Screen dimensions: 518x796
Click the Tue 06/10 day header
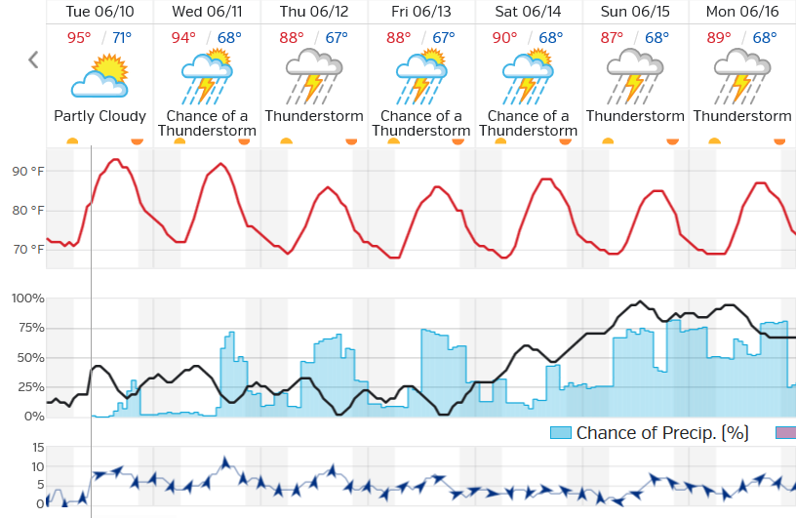click(99, 13)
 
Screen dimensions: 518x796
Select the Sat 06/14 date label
click(529, 13)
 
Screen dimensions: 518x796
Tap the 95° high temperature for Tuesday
click(79, 38)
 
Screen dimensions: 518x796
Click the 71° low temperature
click(121, 38)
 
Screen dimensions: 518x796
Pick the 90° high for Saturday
click(504, 38)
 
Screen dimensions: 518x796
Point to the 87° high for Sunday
click(612, 38)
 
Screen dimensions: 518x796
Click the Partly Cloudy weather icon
click(99, 77)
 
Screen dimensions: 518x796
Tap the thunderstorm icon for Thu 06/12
click(314, 77)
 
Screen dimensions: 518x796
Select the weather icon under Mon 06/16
click(742, 77)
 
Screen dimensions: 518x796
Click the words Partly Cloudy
click(99, 116)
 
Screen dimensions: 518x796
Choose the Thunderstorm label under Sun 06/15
click(635, 116)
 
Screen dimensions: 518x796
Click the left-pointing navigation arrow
click(33, 60)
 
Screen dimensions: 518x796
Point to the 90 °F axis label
click(28, 172)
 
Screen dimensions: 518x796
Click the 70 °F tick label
click(28, 250)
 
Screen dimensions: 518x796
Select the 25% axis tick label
click(30, 387)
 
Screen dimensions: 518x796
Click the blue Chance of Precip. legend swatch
click(560, 432)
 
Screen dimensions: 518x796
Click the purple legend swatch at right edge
click(785, 432)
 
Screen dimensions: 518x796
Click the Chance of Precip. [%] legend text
click(661, 432)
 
